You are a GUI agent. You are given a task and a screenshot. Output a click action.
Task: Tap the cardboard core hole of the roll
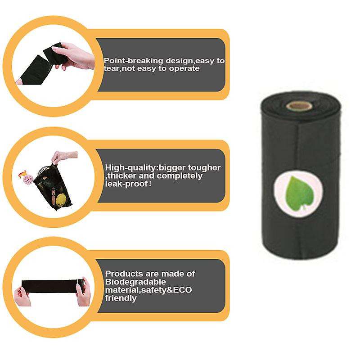299,106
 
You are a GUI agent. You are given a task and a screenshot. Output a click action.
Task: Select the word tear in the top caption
112,69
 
